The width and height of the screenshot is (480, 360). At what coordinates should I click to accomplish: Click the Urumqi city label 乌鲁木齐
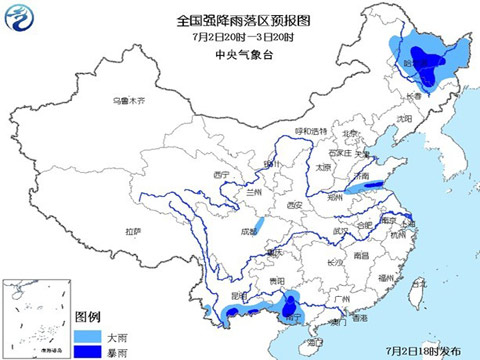[x=128, y=101]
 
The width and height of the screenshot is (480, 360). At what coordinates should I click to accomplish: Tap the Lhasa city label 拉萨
[x=133, y=231]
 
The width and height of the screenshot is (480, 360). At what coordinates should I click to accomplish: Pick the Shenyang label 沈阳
[x=404, y=118]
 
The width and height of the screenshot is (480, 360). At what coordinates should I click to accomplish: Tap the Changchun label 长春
[x=414, y=96]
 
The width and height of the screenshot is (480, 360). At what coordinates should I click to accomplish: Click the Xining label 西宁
[x=221, y=175]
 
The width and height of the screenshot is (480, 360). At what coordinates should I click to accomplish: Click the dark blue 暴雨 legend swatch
[x=89, y=348]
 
